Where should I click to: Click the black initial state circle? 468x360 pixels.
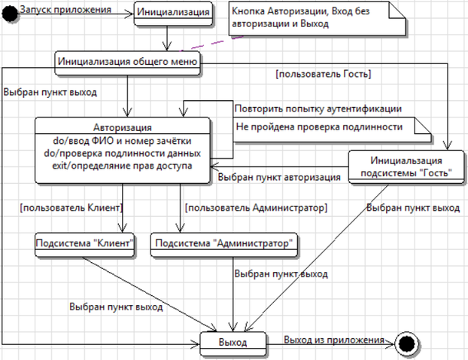pyautogui.click(x=10, y=14)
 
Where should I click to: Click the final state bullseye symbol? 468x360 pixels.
pyautogui.click(x=406, y=344)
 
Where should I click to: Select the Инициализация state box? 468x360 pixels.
pyautogui.click(x=173, y=14)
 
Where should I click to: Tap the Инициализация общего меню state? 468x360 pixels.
pyautogui.click(x=127, y=63)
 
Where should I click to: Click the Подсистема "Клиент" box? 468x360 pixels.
pyautogui.click(x=84, y=245)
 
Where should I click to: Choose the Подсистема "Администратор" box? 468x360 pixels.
pyautogui.click(x=224, y=245)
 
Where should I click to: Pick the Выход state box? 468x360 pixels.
pyautogui.click(x=232, y=344)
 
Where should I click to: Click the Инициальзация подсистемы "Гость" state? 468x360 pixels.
pyautogui.click(x=406, y=166)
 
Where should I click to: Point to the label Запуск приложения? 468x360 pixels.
pyautogui.click(x=65, y=10)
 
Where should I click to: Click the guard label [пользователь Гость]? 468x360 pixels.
pyautogui.click(x=324, y=74)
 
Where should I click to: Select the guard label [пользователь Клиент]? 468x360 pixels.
pyautogui.click(x=71, y=207)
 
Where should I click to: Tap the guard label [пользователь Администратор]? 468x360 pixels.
pyautogui.click(x=256, y=207)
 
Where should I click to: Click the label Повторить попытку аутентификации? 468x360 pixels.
pyautogui.click(x=318, y=108)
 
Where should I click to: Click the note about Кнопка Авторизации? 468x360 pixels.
pyautogui.click(x=318, y=19)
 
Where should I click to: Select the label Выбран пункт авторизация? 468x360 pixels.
pyautogui.click(x=279, y=177)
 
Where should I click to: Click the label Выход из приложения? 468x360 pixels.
pyautogui.click(x=334, y=340)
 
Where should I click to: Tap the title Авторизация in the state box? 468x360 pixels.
pyautogui.click(x=123, y=127)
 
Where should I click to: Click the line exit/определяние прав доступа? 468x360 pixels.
pyautogui.click(x=122, y=166)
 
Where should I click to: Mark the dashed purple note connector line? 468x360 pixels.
pyautogui.click(x=212, y=44)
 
